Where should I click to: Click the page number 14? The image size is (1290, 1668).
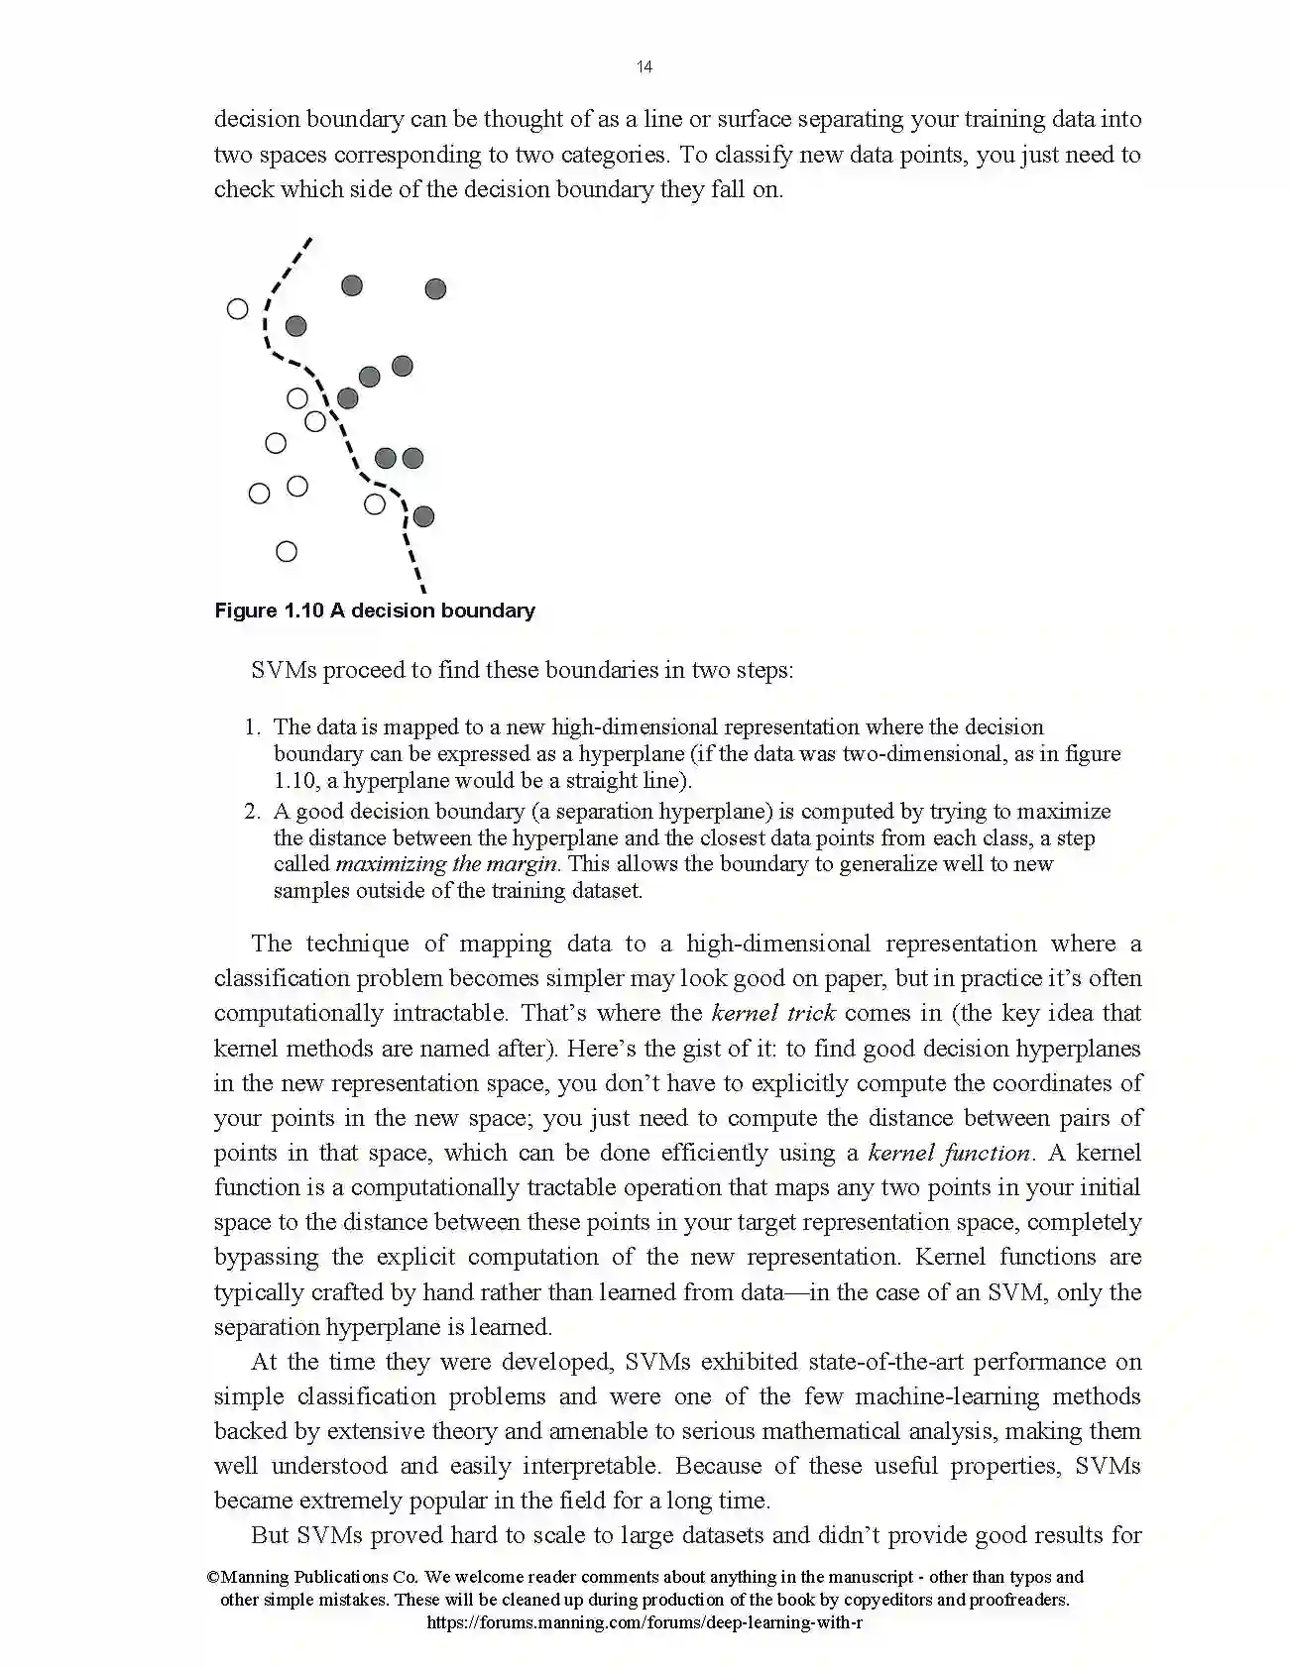(x=645, y=67)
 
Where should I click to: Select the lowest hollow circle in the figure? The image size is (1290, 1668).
(x=287, y=552)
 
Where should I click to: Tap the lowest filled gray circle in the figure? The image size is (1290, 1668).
(x=423, y=516)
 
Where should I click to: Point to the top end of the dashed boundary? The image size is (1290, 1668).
(x=310, y=239)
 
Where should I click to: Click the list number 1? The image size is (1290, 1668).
(x=252, y=727)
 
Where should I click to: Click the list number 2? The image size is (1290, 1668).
(x=252, y=812)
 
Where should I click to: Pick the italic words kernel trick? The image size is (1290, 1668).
(x=773, y=1013)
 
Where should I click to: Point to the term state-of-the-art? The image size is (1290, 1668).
(x=886, y=1362)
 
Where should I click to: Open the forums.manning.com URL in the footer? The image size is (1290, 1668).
(x=644, y=1623)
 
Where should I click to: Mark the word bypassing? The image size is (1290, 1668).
(x=266, y=1257)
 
